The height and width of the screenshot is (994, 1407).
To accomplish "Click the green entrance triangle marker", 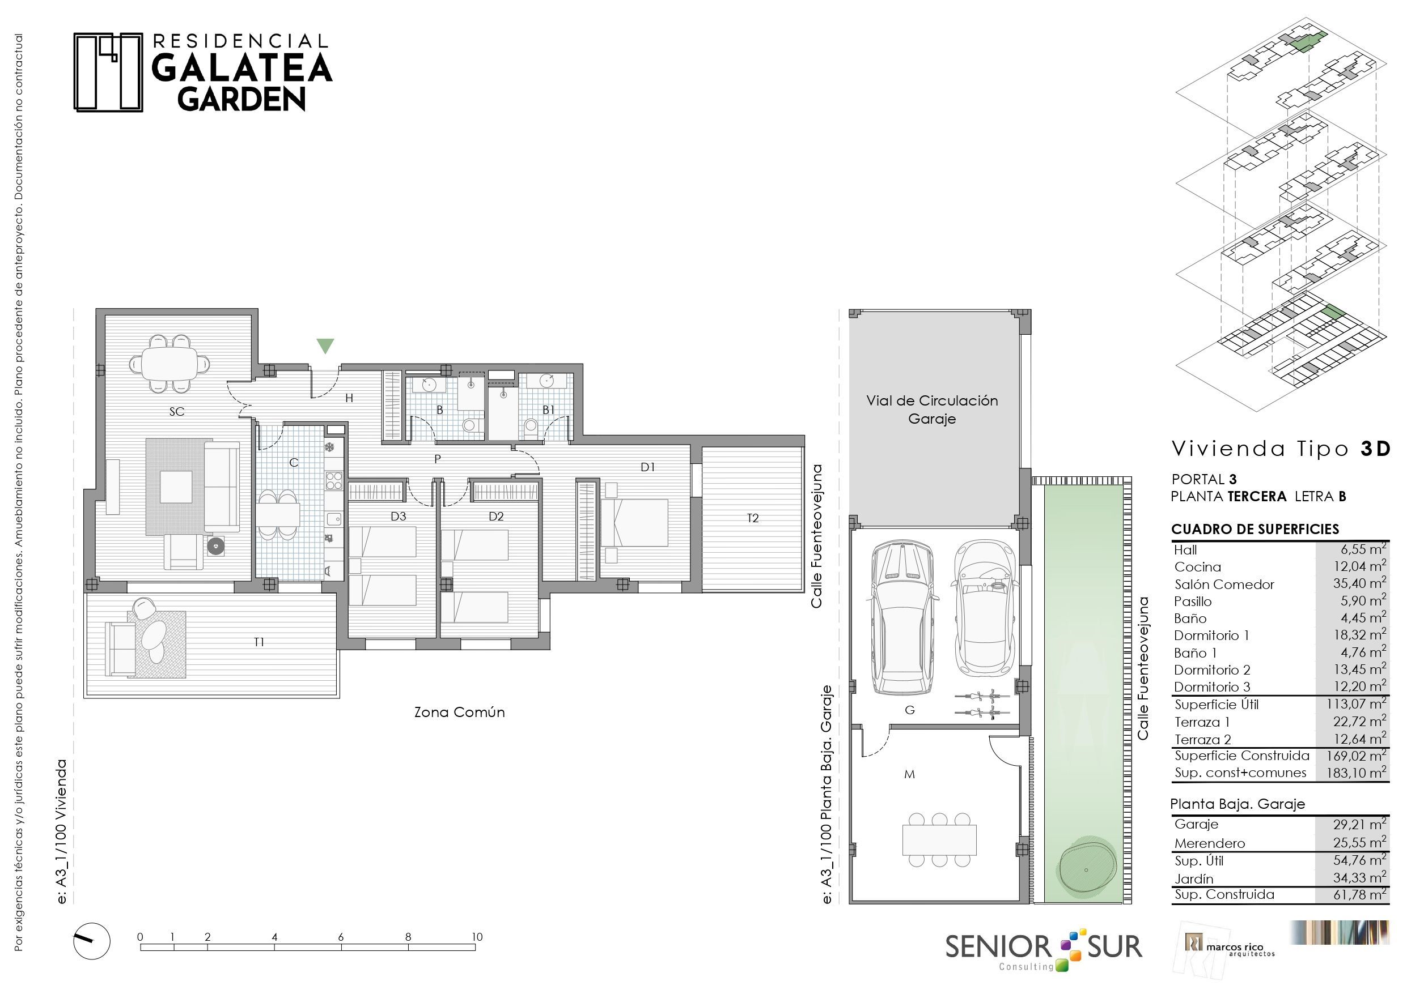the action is pos(325,345).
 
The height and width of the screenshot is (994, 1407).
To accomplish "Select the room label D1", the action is pos(648,467).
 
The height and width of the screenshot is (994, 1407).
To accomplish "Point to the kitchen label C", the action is pos(294,462).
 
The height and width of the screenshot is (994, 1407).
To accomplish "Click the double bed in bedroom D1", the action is pos(635,522).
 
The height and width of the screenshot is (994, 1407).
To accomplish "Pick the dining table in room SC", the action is pos(169,364).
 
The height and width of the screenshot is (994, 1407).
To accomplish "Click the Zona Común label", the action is pos(460,713).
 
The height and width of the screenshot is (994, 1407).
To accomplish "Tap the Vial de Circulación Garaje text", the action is pos(932,409).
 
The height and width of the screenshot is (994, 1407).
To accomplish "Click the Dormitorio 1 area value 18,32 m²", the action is pos(1359,634).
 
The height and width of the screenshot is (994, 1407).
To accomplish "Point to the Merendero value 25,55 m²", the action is pos(1359,843).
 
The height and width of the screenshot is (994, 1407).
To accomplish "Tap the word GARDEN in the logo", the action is pos(241,99).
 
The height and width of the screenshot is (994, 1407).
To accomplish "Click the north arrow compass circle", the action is pos(92,941).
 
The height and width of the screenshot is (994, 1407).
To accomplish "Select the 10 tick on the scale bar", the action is pos(477,936).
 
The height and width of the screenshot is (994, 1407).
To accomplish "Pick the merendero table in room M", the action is pos(939,841).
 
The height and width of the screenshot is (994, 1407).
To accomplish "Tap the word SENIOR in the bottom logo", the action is pos(998,947).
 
